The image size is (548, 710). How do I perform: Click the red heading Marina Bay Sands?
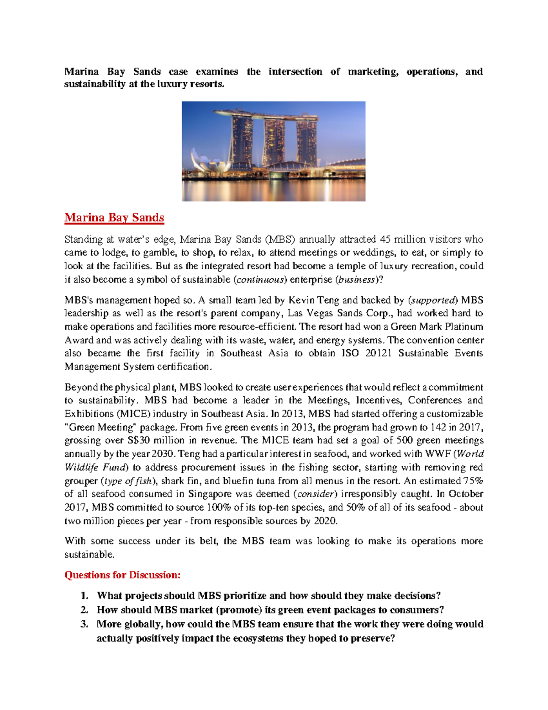click(x=114, y=218)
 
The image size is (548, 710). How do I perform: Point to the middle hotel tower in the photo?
click(x=274, y=142)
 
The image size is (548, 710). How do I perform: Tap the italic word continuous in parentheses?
click(x=260, y=280)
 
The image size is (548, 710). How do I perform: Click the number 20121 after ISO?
click(x=379, y=353)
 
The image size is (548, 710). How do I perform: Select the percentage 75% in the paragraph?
click(x=473, y=481)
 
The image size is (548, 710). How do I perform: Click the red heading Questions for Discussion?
click(x=122, y=575)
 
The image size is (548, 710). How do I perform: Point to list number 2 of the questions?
click(x=84, y=610)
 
